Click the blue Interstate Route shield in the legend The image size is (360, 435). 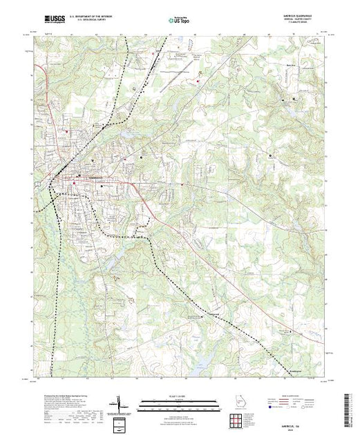click(273, 408)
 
